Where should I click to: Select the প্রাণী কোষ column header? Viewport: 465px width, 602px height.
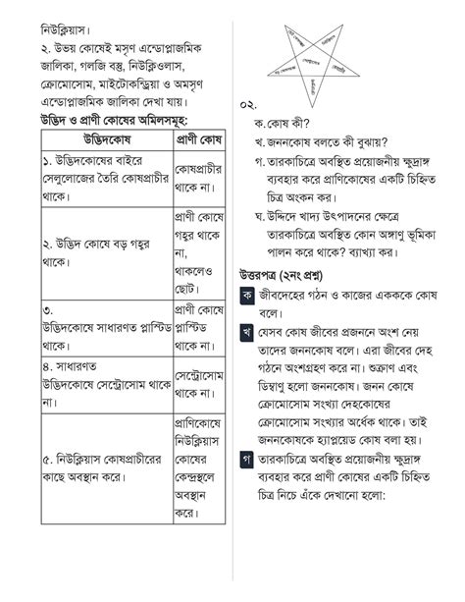tap(198, 137)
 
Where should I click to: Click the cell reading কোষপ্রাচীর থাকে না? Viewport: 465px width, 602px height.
tap(198, 178)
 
